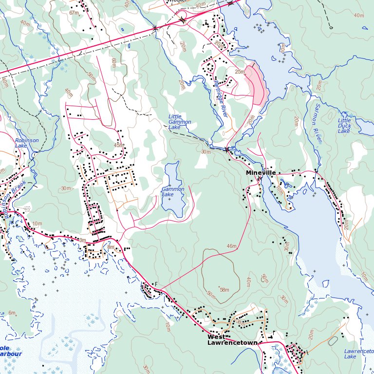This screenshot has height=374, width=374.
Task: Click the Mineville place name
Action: click(x=261, y=173)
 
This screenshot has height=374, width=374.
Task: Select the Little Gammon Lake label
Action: click(x=180, y=122)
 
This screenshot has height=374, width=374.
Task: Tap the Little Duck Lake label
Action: click(x=344, y=126)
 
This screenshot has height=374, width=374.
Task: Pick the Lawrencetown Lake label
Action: click(x=357, y=354)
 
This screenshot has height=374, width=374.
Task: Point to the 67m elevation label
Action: click(x=74, y=13)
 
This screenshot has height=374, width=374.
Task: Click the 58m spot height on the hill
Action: click(x=224, y=290)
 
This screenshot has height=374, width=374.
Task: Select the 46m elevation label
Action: click(x=231, y=246)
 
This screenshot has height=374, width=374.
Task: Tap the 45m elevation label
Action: click(x=118, y=145)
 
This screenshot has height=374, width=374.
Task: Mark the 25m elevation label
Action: click(x=240, y=72)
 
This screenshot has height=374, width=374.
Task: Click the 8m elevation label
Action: click(x=111, y=247)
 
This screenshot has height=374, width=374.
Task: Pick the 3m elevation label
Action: click(x=82, y=240)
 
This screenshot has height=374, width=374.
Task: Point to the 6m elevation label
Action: click(x=12, y=313)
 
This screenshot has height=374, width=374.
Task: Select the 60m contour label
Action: click(x=113, y=62)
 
